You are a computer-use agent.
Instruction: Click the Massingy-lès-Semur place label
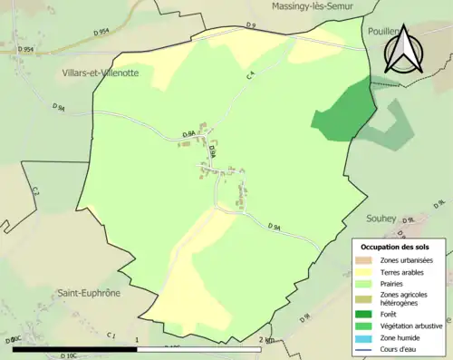[x=309, y=6]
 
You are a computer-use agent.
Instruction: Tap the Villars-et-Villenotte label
[x=101, y=73]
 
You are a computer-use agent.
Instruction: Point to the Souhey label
[x=382, y=218]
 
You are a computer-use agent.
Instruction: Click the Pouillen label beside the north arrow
[x=383, y=30]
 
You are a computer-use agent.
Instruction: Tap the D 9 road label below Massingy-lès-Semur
[x=252, y=26]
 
